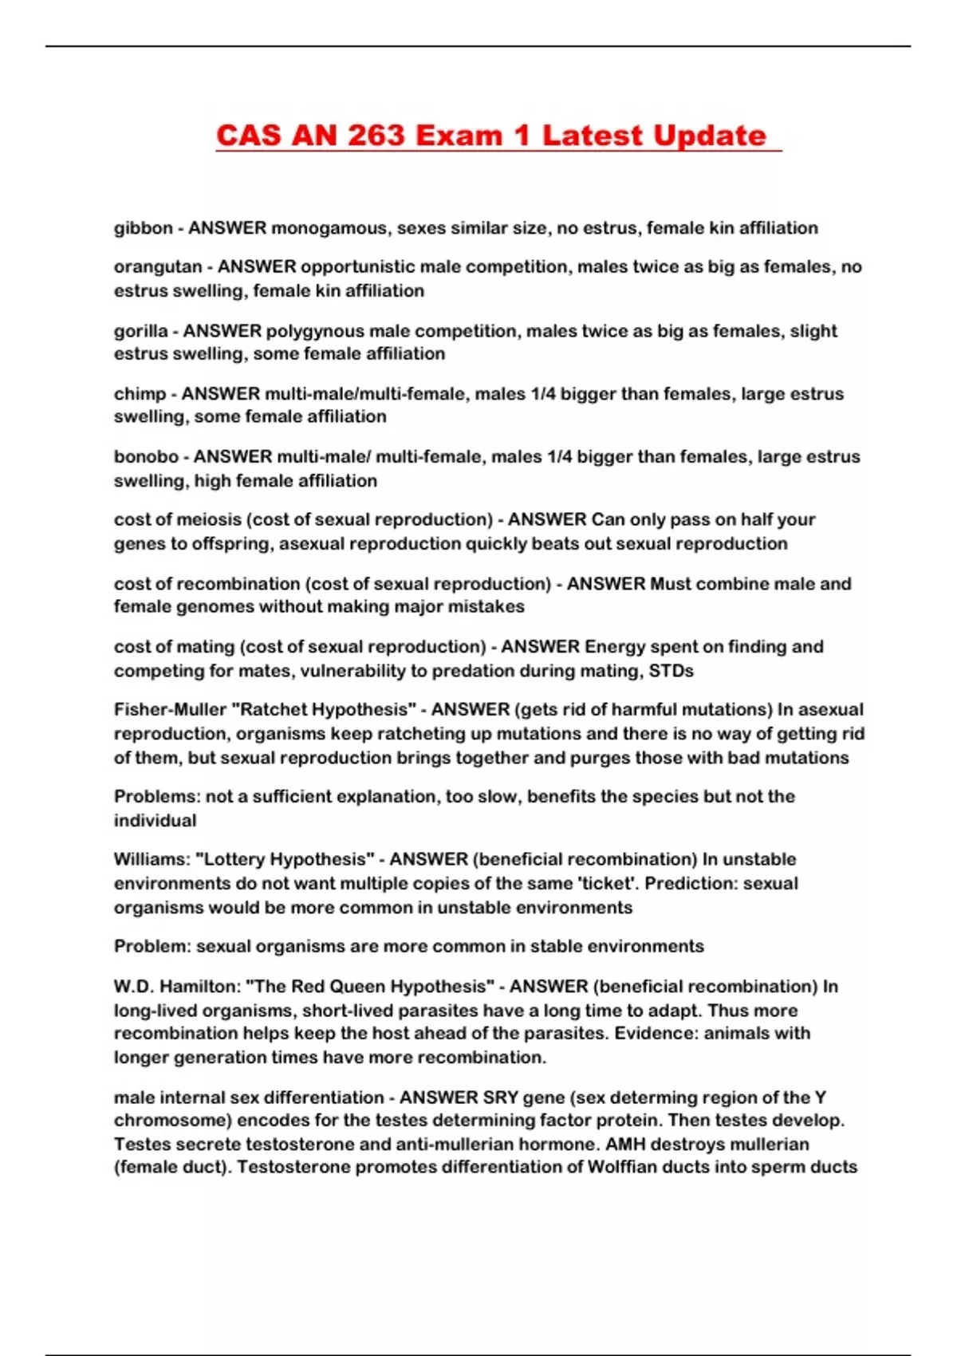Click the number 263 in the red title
(377, 136)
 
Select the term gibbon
(143, 228)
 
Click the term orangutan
(157, 266)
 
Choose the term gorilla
(140, 331)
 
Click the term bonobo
(146, 457)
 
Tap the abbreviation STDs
(671, 671)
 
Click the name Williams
(151, 860)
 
